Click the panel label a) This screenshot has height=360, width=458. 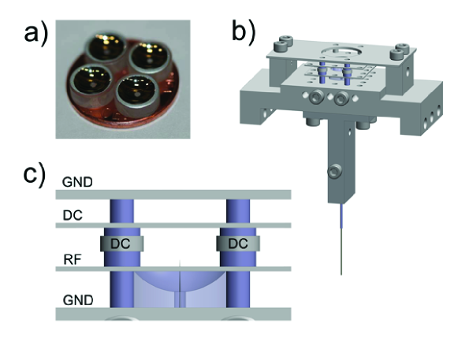pos(35,35)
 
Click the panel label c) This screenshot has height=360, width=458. pos(35,176)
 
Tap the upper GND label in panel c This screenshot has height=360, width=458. pos(77,182)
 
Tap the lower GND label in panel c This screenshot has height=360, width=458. pos(78,300)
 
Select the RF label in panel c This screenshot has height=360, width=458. pos(73,259)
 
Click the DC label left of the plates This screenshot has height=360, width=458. pos(73,216)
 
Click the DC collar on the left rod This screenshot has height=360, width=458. pos(122,243)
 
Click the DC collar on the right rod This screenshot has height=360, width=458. pos(238,243)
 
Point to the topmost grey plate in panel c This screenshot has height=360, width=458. pos(173,195)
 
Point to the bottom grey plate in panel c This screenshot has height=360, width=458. pos(173,314)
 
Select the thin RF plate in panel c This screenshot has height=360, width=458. pos(173,269)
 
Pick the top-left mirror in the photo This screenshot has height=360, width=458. pos(106,48)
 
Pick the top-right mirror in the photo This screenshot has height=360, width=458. pos(150,58)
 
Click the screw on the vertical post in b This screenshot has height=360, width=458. pos(335,172)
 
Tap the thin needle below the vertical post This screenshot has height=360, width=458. pos(341,239)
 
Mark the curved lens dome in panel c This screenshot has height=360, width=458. pos(180,281)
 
